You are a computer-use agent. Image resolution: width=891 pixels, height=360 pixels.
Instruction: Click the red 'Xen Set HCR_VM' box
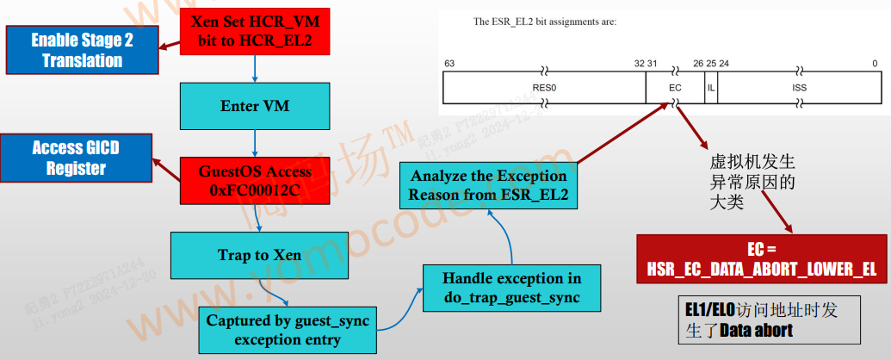click(256, 32)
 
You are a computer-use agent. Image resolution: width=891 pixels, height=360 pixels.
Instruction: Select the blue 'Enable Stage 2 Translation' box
click(83, 50)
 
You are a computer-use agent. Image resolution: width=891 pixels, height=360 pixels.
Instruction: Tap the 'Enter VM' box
click(255, 106)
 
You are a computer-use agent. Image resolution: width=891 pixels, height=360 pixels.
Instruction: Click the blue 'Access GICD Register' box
click(76, 158)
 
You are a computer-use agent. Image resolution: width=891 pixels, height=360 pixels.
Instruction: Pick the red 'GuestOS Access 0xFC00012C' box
click(255, 181)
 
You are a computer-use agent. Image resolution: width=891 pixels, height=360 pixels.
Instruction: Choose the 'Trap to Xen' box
click(259, 256)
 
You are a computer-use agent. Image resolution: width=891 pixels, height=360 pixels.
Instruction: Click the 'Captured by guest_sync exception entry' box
click(287, 329)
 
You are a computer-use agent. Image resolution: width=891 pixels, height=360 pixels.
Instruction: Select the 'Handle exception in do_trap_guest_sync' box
click(511, 288)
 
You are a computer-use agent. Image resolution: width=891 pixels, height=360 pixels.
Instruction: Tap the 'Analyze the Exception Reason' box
click(487, 185)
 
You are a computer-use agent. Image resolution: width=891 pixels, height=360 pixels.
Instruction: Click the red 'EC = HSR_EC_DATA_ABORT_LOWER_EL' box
click(761, 259)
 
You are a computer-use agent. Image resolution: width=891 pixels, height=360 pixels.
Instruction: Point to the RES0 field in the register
click(544, 88)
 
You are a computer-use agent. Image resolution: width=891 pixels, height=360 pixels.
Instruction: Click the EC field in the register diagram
click(675, 88)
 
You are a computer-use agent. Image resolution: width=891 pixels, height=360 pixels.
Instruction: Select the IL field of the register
click(710, 88)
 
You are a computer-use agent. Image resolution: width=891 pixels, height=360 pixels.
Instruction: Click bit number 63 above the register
click(449, 64)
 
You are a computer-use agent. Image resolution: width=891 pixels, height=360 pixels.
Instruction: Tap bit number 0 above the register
click(875, 64)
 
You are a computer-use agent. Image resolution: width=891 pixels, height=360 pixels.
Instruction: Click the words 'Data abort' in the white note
click(756, 330)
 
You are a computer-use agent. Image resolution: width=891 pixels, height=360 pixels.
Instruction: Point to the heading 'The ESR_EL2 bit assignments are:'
click(545, 22)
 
